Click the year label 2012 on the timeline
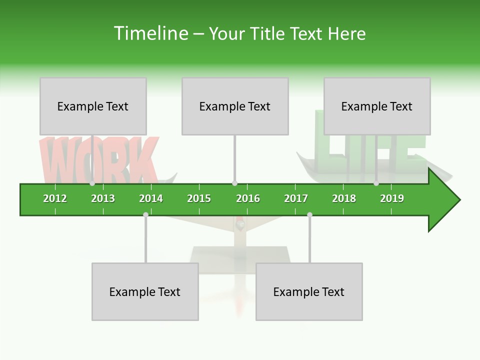click(55, 198)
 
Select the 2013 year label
click(103, 198)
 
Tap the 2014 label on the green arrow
click(151, 198)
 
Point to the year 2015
click(199, 198)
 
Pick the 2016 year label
click(248, 198)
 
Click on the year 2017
click(296, 198)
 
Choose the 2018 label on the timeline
click(344, 198)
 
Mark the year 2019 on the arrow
click(392, 198)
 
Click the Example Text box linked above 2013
click(93, 106)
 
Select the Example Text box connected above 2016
click(235, 106)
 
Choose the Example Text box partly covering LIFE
click(377, 106)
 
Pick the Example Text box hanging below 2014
click(145, 291)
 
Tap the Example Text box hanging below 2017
click(309, 291)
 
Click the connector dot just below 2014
click(145, 214)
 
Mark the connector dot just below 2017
click(309, 214)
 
